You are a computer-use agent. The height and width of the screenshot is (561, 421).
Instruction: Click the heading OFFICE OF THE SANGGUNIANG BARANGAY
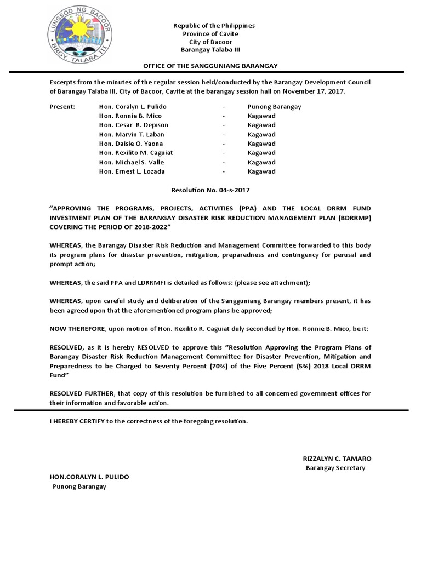point(210,66)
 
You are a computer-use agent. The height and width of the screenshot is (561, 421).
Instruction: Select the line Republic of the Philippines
point(206,26)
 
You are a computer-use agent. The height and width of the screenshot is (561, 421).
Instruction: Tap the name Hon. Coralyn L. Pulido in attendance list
point(133,107)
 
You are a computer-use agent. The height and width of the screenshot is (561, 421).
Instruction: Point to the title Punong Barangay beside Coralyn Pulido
point(274,107)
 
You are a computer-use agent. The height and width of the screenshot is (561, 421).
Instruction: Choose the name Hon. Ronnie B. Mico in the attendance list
point(130,116)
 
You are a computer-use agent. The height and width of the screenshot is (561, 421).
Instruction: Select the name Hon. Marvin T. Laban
point(132,134)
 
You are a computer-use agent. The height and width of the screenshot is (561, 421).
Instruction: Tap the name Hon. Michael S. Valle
point(132,162)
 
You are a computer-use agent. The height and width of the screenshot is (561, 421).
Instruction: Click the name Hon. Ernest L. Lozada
point(132,171)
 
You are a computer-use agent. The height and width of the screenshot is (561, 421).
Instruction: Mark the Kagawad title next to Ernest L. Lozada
point(261,171)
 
